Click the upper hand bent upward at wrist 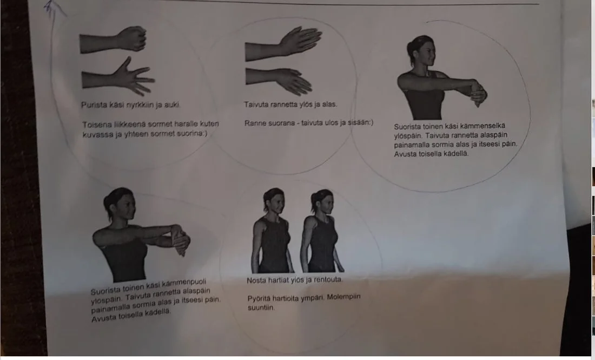click(x=283, y=44)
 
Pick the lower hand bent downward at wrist click(x=279, y=81)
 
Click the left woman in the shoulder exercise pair click(x=273, y=230)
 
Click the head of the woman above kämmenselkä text click(x=421, y=51)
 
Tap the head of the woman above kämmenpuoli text click(x=120, y=204)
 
